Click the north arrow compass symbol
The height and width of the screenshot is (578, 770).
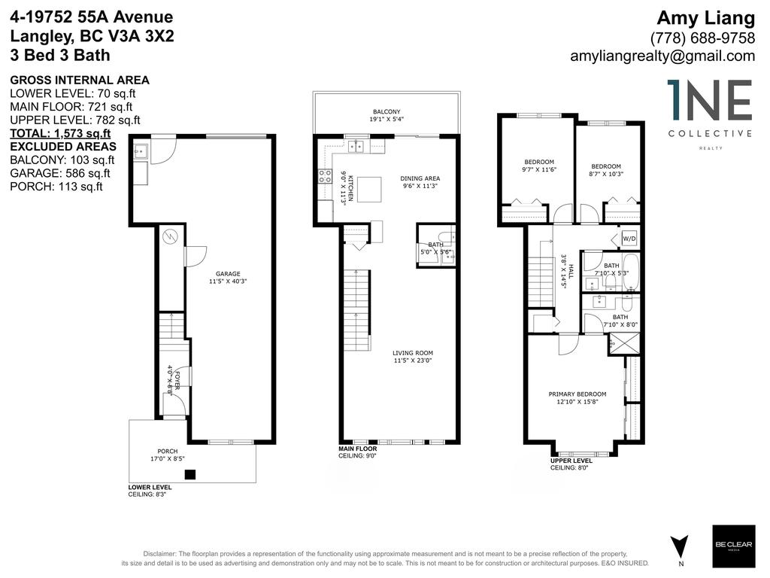(x=679, y=544)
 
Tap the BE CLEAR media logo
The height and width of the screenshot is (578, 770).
(x=733, y=546)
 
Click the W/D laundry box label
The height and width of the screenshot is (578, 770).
(x=629, y=239)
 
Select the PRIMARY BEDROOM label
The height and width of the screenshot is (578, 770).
(x=577, y=394)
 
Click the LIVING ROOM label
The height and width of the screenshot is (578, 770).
(x=412, y=353)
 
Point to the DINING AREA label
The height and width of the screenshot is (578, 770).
(x=420, y=178)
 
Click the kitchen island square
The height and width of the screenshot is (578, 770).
(x=369, y=189)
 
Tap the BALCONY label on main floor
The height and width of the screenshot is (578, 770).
(x=387, y=111)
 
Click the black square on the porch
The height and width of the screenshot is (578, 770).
(x=190, y=474)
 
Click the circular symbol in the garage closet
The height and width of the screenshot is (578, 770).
(x=170, y=236)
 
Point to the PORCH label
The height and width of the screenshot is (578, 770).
(x=168, y=451)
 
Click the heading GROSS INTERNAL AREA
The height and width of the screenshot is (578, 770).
(x=79, y=80)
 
